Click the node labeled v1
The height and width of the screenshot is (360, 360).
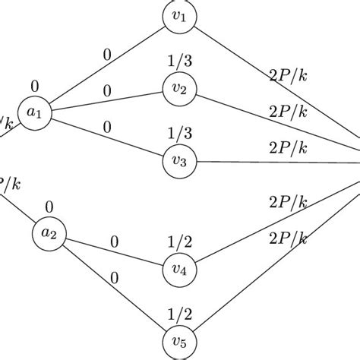179,17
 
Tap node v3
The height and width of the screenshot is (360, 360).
179,161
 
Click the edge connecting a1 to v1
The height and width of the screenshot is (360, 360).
106,66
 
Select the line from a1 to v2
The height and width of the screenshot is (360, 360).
106,102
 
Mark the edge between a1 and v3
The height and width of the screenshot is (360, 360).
106,137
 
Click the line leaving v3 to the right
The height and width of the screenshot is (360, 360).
273,162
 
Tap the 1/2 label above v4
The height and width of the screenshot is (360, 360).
179,242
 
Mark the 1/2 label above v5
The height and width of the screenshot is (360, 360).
179,314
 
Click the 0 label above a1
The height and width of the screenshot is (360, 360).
35,87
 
